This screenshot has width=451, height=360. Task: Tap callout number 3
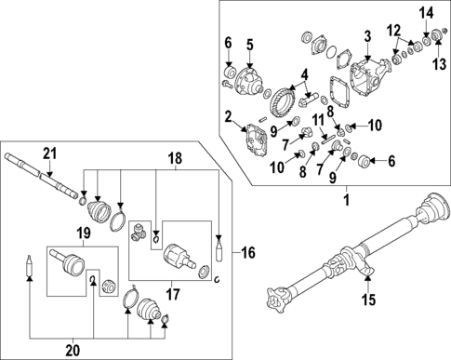point(367,36)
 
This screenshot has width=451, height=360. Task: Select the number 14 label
point(427,11)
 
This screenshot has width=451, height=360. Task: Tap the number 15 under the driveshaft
point(367,300)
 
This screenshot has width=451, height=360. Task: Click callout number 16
point(247,251)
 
